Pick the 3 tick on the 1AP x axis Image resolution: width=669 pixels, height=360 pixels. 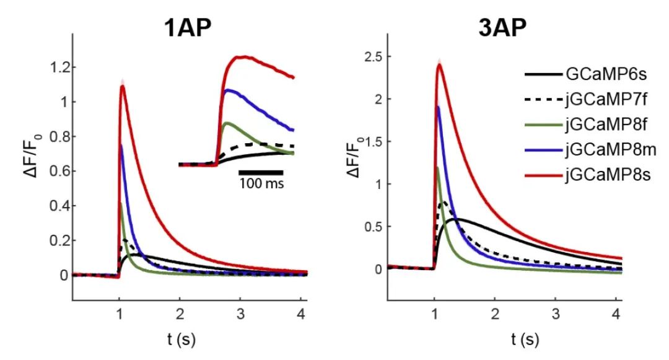click(241, 312)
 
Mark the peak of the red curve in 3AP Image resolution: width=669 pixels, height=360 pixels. click(440, 64)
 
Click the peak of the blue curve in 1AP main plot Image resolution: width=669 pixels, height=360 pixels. click(121, 145)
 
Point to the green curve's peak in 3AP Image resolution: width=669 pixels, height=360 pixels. click(437, 167)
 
